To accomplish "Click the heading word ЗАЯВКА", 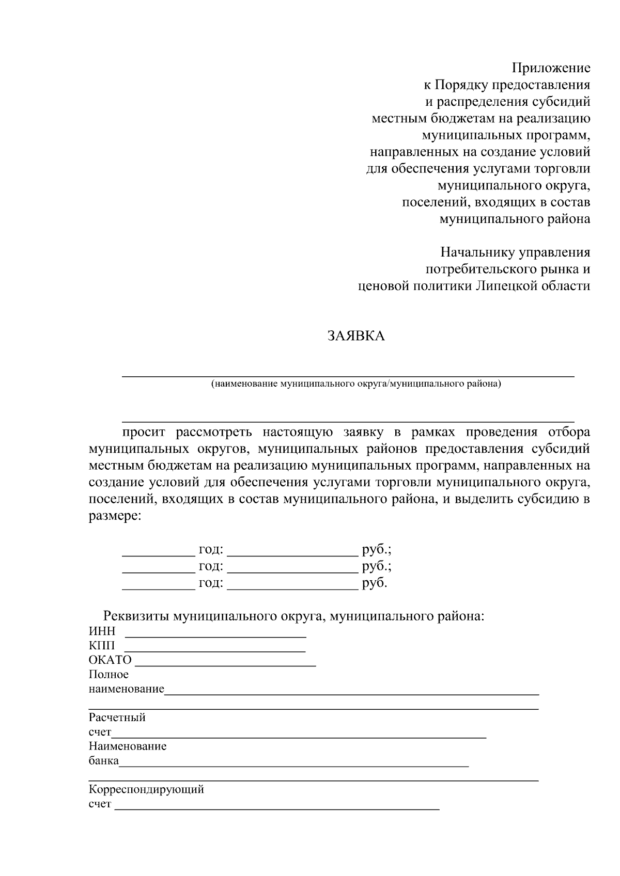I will click(356, 337).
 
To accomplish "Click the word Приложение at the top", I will click(551, 68).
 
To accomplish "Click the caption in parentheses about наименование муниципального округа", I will click(355, 384).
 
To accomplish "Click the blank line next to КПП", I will click(215, 650).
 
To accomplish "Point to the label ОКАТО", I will click(110, 660).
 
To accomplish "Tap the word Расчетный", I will click(117, 718).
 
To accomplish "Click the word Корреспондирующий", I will click(146, 790).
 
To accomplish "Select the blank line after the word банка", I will click(293, 766).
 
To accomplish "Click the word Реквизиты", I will click(136, 616).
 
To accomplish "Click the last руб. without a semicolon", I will click(375, 583).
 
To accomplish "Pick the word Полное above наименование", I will click(109, 675).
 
